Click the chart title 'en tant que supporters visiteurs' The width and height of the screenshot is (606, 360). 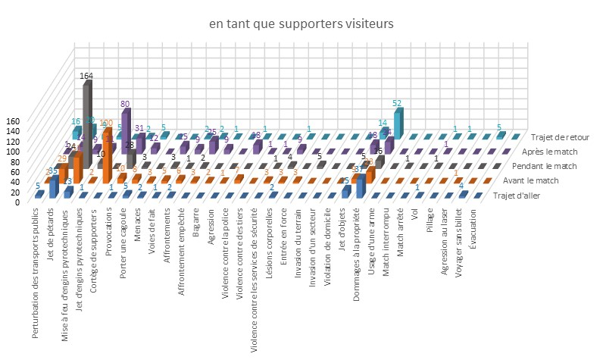[x=301, y=25]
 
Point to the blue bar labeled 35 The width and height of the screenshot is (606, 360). [x=54, y=186]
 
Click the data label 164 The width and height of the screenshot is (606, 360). [x=88, y=76]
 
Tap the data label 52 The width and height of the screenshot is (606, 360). [x=397, y=103]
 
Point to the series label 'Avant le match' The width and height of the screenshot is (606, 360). [x=540, y=183]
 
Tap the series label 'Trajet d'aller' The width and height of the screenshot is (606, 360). [x=535, y=198]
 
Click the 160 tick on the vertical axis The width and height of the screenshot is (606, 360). [x=16, y=121]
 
